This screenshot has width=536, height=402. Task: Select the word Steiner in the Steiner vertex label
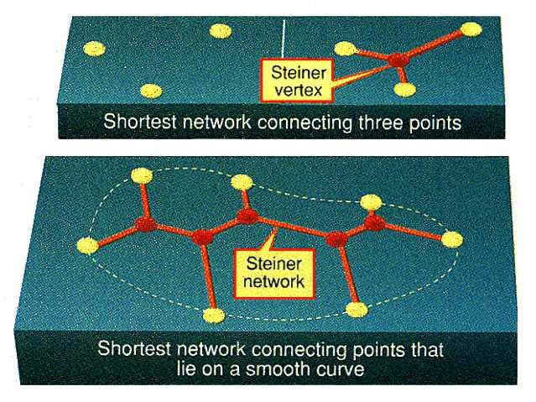pyautogui.click(x=290, y=70)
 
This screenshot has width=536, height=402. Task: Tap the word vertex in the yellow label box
pyautogui.click(x=290, y=85)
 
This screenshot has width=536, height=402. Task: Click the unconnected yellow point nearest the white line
pyautogui.click(x=220, y=31)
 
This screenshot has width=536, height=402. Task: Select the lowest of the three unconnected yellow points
pyautogui.click(x=150, y=90)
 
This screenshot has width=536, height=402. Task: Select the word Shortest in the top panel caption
pyautogui.click(x=135, y=122)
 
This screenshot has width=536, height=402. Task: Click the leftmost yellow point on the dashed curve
pyautogui.click(x=87, y=245)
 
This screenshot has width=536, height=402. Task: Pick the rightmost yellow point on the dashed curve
pyautogui.click(x=453, y=240)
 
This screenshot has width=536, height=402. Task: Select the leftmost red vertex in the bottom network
pyautogui.click(x=148, y=224)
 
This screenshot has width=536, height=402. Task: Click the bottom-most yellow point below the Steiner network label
pyautogui.click(x=215, y=316)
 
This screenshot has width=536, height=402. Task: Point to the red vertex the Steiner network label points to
pyautogui.click(x=247, y=217)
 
